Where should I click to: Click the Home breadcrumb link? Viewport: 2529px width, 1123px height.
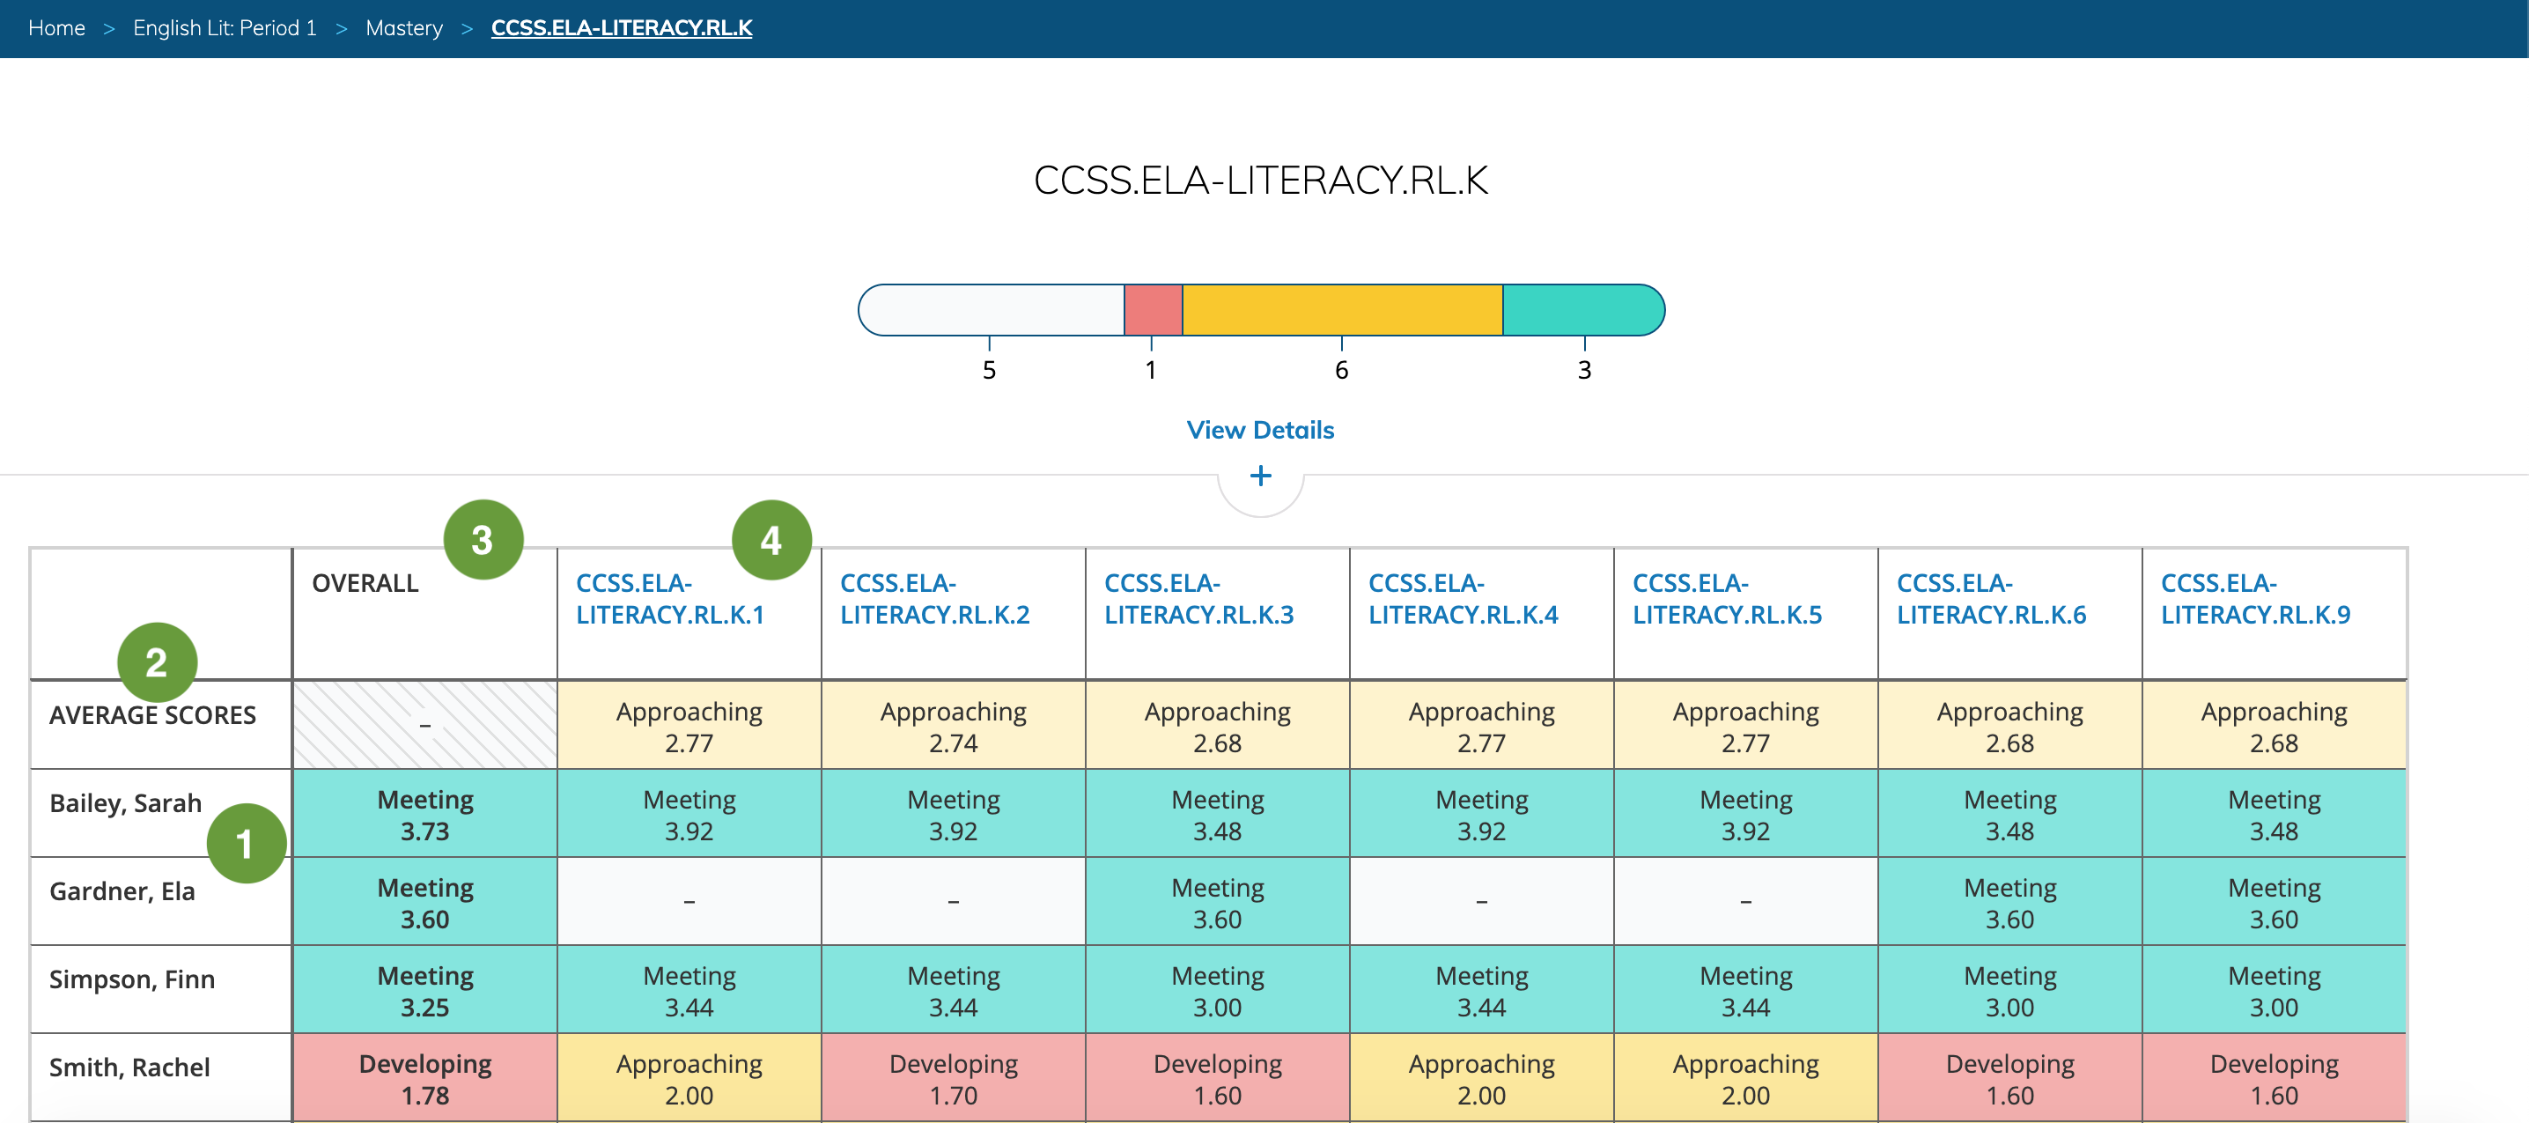tap(56, 27)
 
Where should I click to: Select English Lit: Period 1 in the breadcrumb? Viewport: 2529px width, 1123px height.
tap(225, 27)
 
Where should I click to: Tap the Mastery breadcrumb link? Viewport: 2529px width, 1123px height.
tap(403, 27)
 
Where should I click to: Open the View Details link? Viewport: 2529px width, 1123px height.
tap(1259, 430)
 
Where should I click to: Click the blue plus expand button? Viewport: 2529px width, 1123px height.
tap(1259, 477)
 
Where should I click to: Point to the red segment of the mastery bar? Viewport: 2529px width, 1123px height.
tap(1153, 310)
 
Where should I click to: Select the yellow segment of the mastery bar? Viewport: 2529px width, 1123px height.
tap(1341, 310)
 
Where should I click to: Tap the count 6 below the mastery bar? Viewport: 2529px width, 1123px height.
tap(1341, 370)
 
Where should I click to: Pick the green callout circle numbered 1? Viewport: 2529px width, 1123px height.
tap(246, 843)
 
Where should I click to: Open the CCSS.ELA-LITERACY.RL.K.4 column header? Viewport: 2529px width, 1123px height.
tap(1462, 599)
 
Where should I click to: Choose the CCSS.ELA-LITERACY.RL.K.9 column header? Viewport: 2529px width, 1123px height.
tap(2255, 599)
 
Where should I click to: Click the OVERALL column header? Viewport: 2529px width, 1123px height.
tap(365, 583)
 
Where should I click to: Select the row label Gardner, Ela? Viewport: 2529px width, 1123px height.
tap(122, 891)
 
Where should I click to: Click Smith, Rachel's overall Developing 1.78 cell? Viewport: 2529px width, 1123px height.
tap(425, 1079)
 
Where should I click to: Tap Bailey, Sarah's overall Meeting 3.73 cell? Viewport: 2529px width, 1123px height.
tap(425, 815)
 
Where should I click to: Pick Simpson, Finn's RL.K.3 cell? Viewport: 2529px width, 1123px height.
tap(1216, 991)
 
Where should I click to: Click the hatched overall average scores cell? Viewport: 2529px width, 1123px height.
tap(425, 726)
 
